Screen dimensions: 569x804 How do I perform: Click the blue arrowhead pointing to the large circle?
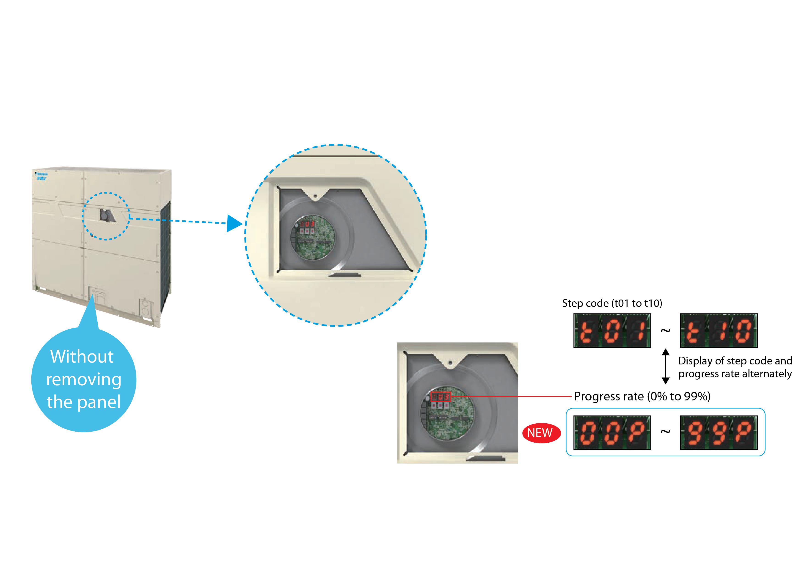[x=234, y=223]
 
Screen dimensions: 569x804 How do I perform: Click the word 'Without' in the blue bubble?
[x=82, y=357]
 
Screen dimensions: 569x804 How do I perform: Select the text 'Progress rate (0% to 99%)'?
[x=642, y=396]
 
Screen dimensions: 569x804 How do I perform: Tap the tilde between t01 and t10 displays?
[x=665, y=330]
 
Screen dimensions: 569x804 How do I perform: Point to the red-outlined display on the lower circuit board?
[x=440, y=397]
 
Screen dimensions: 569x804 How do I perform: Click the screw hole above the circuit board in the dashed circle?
[x=315, y=196]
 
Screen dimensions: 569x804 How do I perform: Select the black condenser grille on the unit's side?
[x=165, y=256]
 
